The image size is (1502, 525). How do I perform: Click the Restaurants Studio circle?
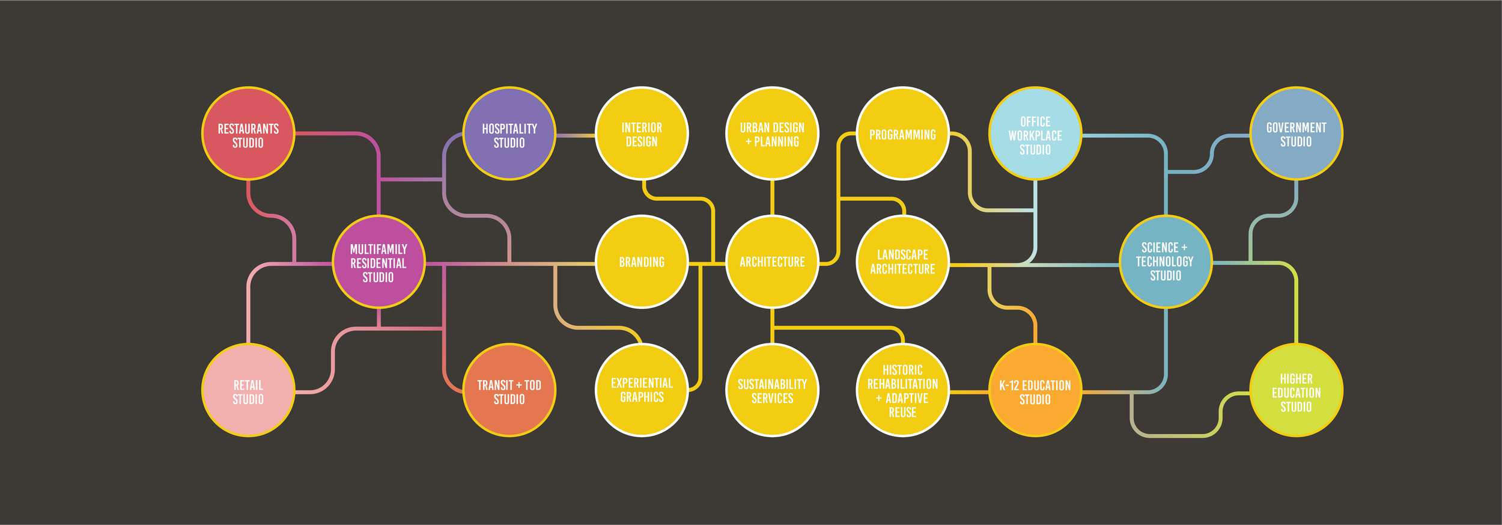[x=248, y=134]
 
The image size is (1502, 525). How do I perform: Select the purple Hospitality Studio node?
[x=509, y=134]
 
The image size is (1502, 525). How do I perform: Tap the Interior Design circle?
[x=642, y=134]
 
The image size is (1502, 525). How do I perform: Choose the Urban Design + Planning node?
[x=772, y=134]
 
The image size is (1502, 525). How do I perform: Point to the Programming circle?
[x=902, y=134]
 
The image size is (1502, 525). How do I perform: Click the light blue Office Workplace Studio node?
[x=1035, y=134]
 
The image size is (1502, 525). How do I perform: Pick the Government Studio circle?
[x=1296, y=134]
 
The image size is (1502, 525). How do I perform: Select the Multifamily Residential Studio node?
[x=379, y=262]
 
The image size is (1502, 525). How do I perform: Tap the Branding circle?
[x=642, y=262]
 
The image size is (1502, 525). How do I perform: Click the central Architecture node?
[x=772, y=262]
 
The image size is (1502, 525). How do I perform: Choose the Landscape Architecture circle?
[x=902, y=262]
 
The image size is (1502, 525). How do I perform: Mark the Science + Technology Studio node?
[x=1166, y=262]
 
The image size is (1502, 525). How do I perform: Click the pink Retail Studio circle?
[x=248, y=391]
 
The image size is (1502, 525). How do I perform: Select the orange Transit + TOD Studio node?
[x=509, y=391]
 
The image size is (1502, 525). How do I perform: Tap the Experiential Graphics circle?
[x=642, y=391]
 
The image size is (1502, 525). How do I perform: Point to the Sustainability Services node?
[x=772, y=391]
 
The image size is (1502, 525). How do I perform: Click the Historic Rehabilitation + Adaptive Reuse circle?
[x=902, y=391]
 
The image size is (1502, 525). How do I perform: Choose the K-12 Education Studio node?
[x=1035, y=391]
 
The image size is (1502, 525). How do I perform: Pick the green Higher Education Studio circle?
[x=1296, y=391]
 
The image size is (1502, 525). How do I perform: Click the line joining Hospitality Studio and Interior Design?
[x=575, y=135]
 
